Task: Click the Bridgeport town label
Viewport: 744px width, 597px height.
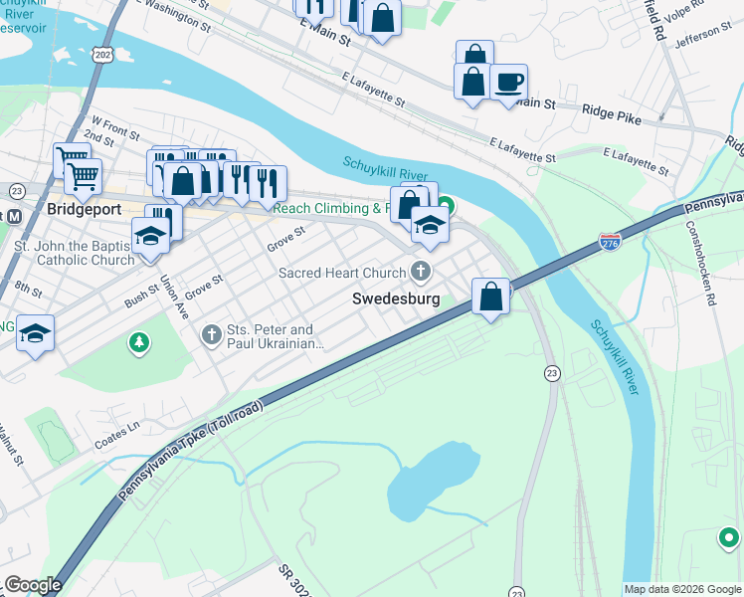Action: (x=85, y=210)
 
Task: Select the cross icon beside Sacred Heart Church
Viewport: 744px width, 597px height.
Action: (x=422, y=272)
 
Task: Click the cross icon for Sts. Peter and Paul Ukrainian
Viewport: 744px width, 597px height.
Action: (x=211, y=335)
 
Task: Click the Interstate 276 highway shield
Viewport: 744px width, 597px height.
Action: (x=611, y=242)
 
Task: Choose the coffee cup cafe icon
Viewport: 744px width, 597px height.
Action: (x=509, y=82)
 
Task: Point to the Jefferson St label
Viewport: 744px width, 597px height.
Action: (x=702, y=40)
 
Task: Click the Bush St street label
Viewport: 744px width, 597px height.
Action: (x=141, y=293)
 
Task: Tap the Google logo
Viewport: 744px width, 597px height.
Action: (x=32, y=584)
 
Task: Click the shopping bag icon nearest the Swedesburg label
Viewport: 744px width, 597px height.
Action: (x=490, y=296)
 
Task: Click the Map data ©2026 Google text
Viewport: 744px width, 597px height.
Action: (x=682, y=589)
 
